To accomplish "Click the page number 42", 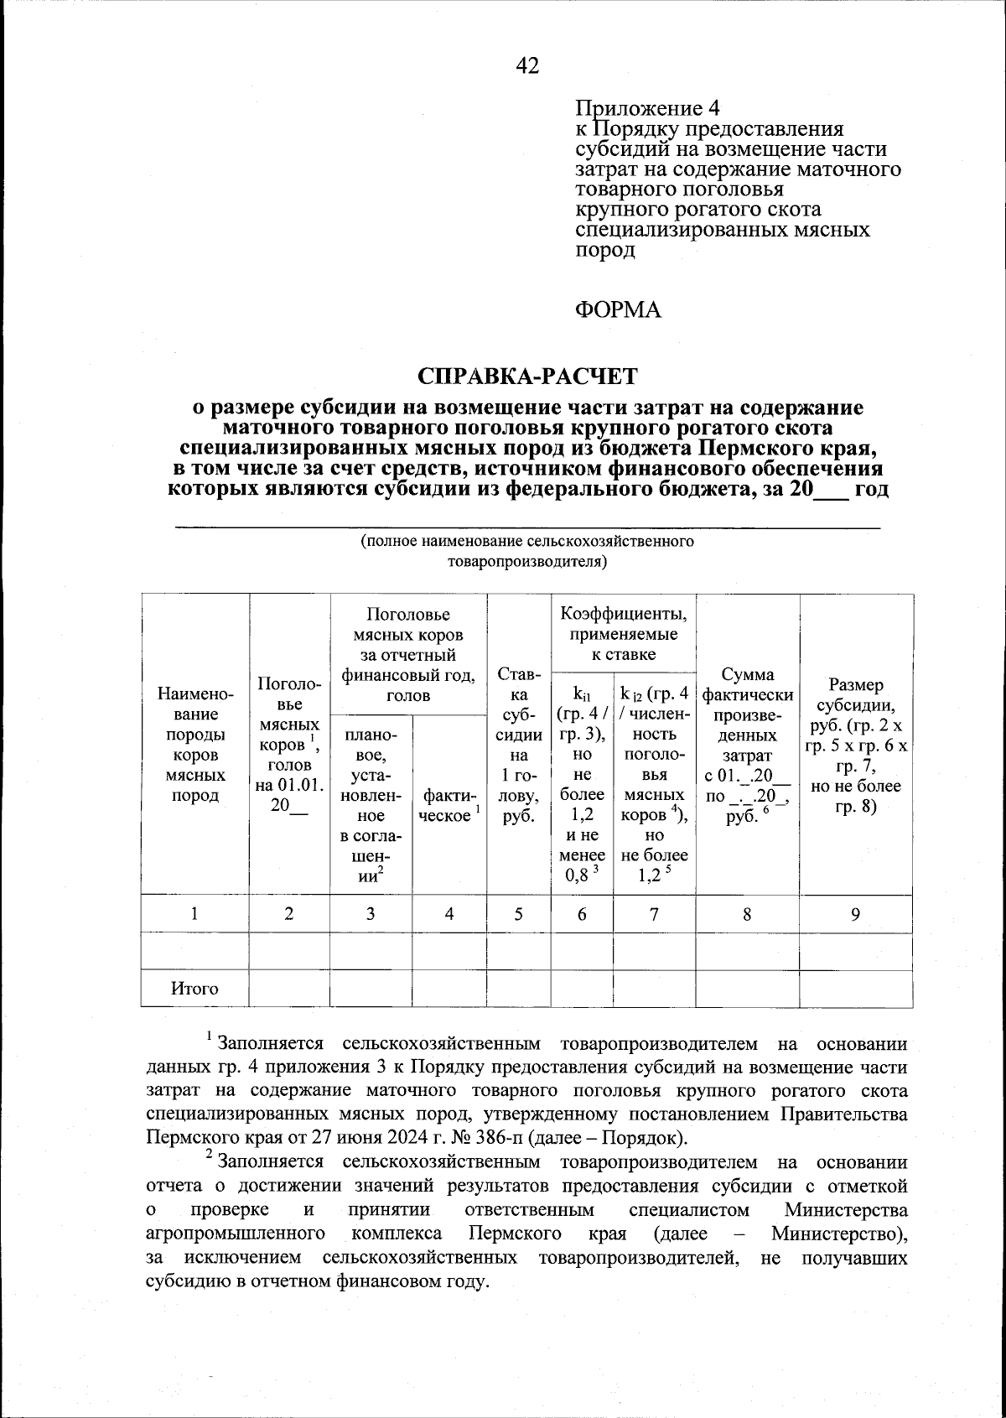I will click(527, 66).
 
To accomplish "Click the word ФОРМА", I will click(618, 310).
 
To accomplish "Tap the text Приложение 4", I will click(647, 109).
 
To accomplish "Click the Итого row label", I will click(194, 989).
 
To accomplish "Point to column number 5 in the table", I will click(518, 914).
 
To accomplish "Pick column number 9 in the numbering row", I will click(855, 914).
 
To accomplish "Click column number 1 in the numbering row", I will click(194, 914).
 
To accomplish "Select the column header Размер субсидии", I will click(855, 746).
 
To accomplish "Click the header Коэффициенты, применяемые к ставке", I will click(623, 634).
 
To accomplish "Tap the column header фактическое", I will click(449, 805).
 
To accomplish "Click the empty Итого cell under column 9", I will click(855, 989).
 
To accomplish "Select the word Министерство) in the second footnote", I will click(838, 1234).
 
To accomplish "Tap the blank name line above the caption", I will click(527, 525).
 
